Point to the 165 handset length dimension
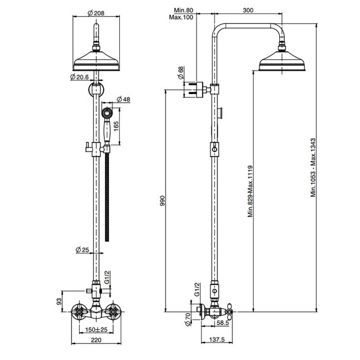(122, 125)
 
